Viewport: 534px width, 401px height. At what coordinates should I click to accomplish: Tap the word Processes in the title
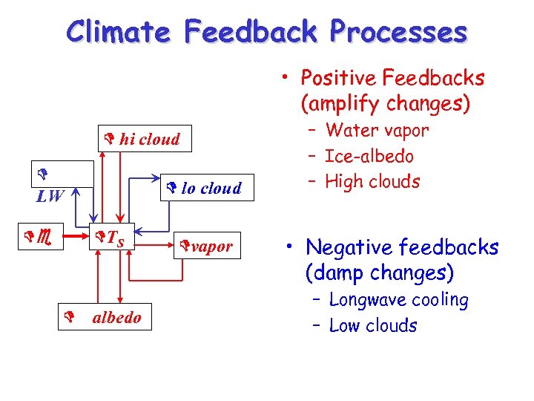click(398, 32)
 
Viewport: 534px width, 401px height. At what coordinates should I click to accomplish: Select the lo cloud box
click(207, 188)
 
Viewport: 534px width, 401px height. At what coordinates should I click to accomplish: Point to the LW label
click(50, 197)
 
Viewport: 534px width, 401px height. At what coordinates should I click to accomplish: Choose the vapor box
click(207, 246)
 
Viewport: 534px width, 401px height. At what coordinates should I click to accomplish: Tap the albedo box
click(116, 318)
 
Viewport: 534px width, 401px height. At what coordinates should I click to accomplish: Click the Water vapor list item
click(377, 131)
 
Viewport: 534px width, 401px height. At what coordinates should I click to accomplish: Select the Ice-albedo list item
click(369, 157)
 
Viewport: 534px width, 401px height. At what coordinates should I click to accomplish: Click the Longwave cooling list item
click(398, 300)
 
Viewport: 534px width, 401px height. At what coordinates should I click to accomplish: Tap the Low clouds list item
click(372, 325)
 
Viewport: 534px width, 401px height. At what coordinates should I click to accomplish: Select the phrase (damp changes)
click(379, 273)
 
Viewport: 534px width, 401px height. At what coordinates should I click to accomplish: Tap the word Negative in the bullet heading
click(343, 247)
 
